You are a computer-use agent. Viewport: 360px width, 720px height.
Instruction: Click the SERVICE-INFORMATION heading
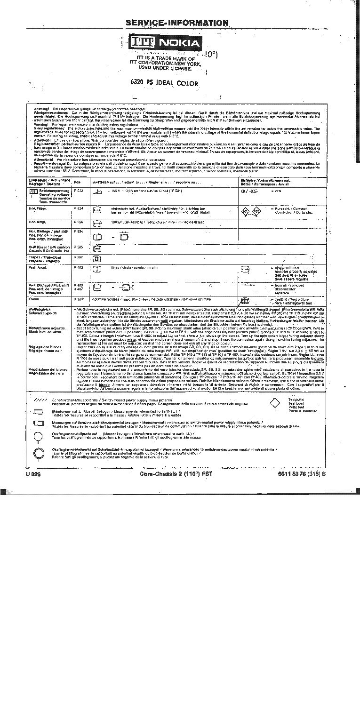177,23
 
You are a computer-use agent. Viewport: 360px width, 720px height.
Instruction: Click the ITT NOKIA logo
166,44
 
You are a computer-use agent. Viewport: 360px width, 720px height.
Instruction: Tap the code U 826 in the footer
33,474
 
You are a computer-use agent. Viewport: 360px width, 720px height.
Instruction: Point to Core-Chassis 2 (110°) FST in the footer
176,474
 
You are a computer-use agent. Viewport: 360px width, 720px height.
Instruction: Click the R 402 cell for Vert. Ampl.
78,267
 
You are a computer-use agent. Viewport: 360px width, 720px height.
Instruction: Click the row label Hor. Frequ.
37,208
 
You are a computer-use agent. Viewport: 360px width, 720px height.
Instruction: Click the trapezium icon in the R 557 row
97,258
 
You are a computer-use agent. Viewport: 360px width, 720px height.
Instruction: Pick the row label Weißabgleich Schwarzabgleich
43,311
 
